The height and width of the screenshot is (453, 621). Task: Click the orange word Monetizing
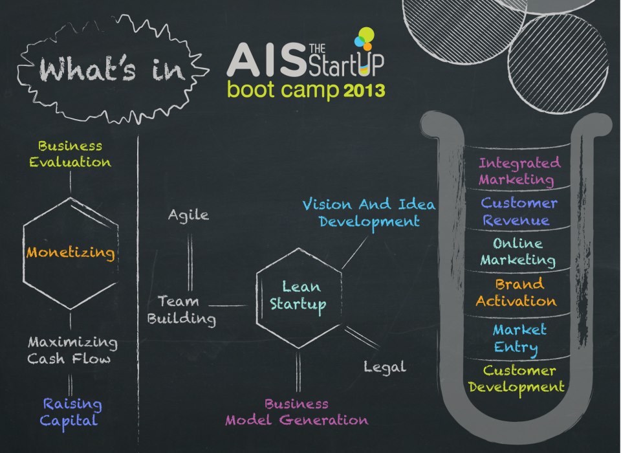71,252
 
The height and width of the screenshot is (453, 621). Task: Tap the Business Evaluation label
70,154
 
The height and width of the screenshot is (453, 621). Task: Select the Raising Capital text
72,412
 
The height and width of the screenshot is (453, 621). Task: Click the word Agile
188,215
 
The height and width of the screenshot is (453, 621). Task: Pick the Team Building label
181,309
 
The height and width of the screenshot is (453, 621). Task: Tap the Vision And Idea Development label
369,213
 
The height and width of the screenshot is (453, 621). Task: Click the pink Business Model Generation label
296,412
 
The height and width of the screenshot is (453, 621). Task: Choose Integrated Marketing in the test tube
519,171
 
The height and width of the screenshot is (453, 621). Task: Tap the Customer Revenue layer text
519,212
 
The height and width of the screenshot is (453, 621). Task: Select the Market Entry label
519,338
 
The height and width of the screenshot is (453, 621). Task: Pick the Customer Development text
517,379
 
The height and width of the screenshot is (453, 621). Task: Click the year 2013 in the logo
364,90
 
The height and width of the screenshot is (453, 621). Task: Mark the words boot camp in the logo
283,90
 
